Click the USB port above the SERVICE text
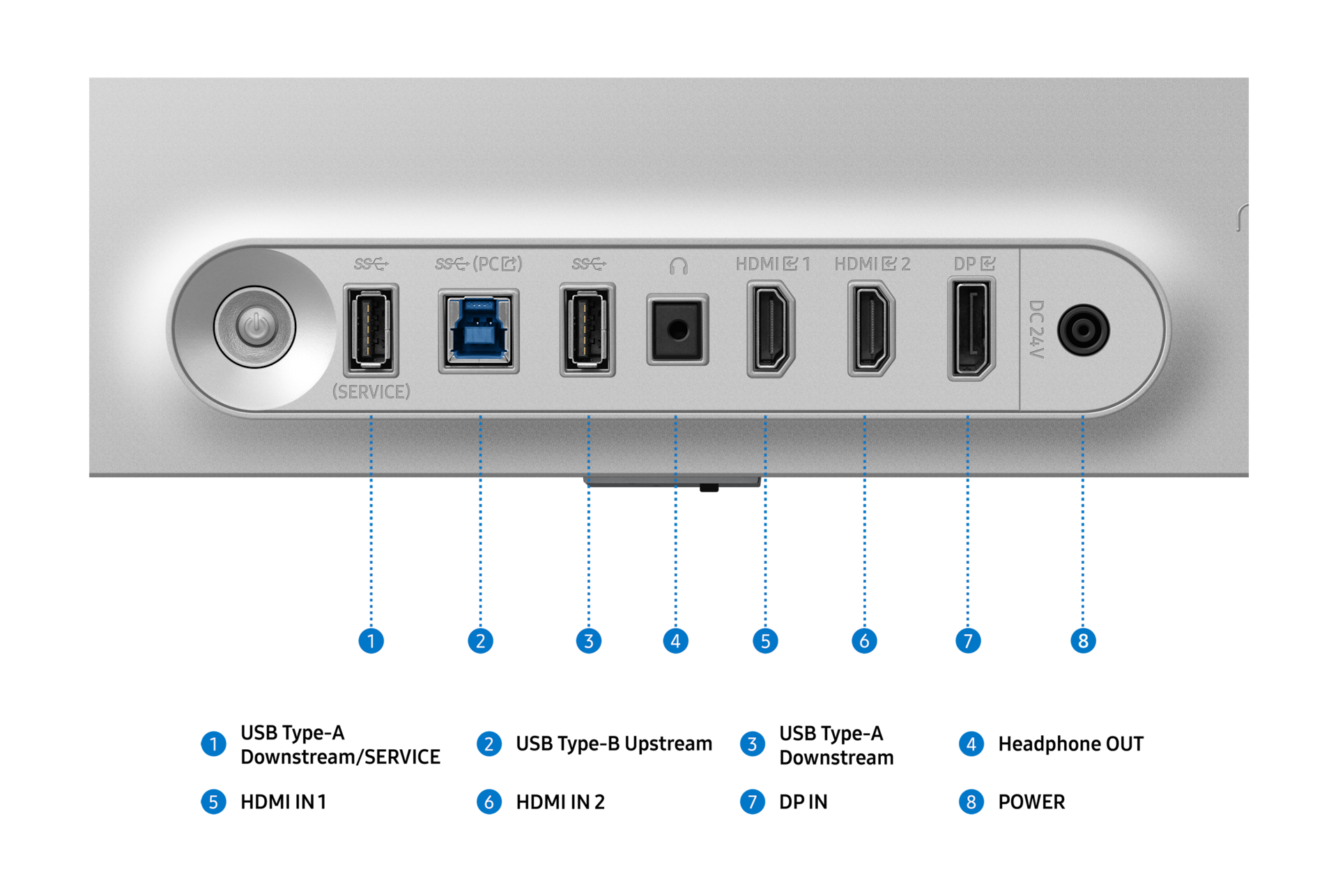click(x=371, y=329)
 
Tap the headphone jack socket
click(x=677, y=330)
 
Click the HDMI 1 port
click(x=770, y=328)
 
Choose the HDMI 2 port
click(x=871, y=328)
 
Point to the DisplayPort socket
click(x=971, y=328)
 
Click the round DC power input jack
click(x=1083, y=330)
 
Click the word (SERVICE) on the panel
click(x=371, y=392)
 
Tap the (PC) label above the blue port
click(x=497, y=264)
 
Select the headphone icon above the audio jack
click(x=678, y=266)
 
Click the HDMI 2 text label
click(x=872, y=264)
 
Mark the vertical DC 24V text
click(x=1036, y=329)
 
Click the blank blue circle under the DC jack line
click(x=1083, y=640)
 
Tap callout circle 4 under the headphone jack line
click(x=675, y=640)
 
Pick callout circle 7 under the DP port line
click(x=968, y=640)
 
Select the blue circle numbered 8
click(x=971, y=802)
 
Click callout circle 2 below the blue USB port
click(x=480, y=640)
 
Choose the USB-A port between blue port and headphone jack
click(x=587, y=329)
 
